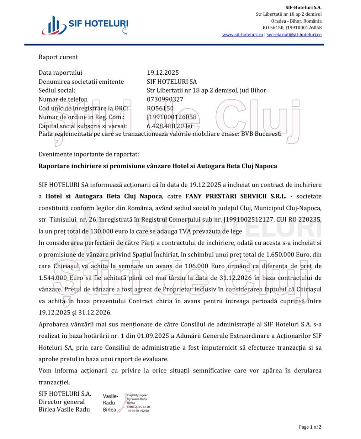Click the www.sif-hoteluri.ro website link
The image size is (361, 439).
243,35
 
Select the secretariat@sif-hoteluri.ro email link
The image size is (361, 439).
294,35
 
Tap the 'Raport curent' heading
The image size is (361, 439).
58,57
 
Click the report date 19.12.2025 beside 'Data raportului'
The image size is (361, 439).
162,72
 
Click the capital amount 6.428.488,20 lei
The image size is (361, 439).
170,126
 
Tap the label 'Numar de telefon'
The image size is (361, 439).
63,99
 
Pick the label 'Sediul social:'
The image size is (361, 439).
57,90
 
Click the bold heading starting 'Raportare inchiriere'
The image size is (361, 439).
158,166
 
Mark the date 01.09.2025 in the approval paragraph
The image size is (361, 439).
152,336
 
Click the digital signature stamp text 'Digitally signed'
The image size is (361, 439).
137,396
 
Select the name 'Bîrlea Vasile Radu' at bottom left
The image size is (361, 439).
64,409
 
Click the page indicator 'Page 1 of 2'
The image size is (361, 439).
310,427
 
